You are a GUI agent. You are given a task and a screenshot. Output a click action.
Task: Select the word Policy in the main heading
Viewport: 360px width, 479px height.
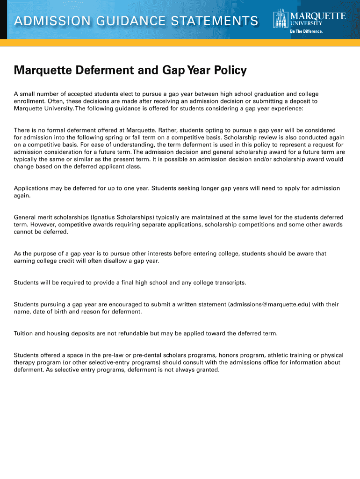pyautogui.click(x=230, y=71)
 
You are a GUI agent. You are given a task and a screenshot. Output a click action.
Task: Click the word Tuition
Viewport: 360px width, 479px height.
pyautogui.click(x=24, y=333)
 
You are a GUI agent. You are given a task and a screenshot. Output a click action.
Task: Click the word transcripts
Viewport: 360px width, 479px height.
pyautogui.click(x=229, y=283)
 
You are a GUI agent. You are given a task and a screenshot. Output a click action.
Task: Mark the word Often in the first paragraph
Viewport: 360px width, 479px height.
pyautogui.click(x=54, y=101)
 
